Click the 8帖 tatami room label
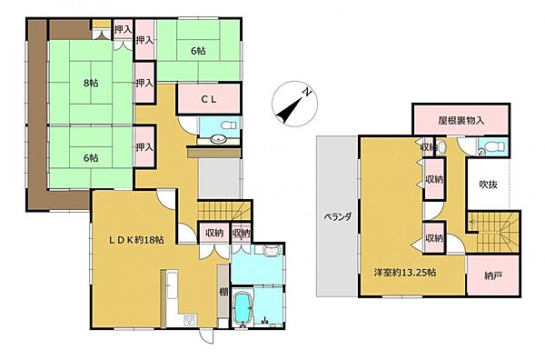point(90,83)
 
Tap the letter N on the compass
point(306,92)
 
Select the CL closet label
point(209,99)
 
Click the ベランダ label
point(338,217)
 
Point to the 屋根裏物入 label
point(461,121)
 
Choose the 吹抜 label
point(489,185)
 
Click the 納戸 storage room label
point(493,276)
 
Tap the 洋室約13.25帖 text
point(405,272)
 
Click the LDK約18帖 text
point(137,240)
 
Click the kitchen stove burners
point(190,319)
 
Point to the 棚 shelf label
point(223,292)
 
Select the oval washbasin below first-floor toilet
point(219,139)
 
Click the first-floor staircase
point(224,210)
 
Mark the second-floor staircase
point(492,233)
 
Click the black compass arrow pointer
point(289,109)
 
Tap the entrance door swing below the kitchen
point(205,335)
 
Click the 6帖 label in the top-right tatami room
point(198,51)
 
